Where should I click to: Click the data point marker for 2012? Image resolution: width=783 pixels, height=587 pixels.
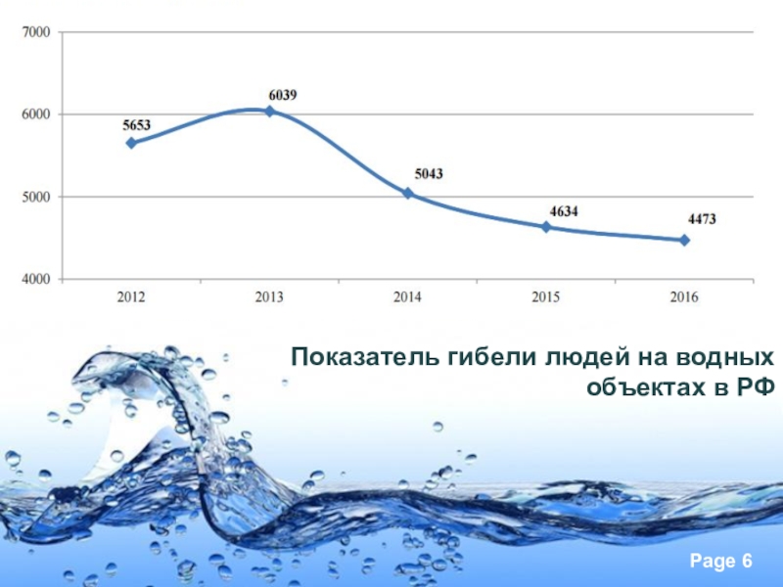pyautogui.click(x=131, y=143)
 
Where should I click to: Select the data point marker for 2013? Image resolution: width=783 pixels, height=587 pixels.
pyautogui.click(x=269, y=112)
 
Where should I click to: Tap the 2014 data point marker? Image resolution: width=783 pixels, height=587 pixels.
pyautogui.click(x=408, y=194)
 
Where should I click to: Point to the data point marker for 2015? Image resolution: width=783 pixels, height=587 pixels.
pyautogui.click(x=546, y=227)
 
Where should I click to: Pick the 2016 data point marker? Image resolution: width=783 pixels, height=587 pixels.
pyautogui.click(x=685, y=240)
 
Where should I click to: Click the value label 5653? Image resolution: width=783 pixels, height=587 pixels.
pyautogui.click(x=136, y=125)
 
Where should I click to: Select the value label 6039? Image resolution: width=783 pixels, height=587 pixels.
pyautogui.click(x=283, y=95)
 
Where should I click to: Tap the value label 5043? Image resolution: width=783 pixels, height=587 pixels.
pyautogui.click(x=429, y=174)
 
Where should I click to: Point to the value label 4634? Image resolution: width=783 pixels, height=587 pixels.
pyautogui.click(x=564, y=209)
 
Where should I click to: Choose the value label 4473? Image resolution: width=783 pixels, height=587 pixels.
pyautogui.click(x=701, y=220)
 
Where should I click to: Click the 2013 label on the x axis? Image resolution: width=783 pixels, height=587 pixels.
pyautogui.click(x=269, y=297)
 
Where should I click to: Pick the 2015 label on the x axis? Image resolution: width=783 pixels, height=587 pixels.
pyautogui.click(x=546, y=297)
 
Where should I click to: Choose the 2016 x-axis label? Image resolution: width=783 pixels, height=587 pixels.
pyautogui.click(x=685, y=297)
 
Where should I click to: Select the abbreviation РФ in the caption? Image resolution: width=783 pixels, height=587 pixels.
pyautogui.click(x=755, y=387)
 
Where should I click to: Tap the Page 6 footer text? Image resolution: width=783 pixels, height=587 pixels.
pyautogui.click(x=720, y=562)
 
